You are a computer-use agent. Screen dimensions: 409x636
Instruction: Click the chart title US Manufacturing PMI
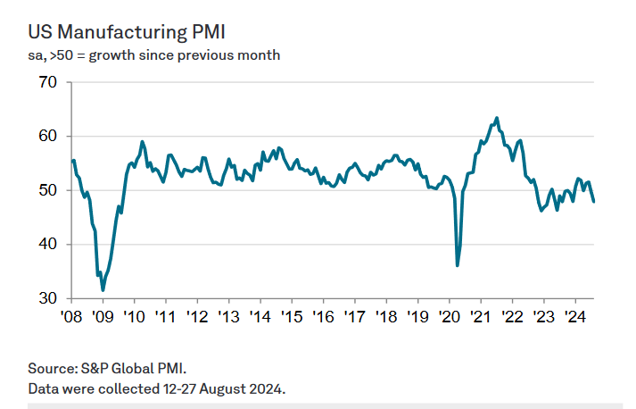126,32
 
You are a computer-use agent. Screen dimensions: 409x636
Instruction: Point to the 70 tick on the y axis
47,83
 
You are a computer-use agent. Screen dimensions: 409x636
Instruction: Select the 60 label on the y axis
47,137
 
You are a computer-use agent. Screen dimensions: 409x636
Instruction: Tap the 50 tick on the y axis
47,190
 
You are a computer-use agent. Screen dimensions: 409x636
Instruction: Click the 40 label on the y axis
47,244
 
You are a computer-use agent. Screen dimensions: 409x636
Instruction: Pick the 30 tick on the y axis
47,298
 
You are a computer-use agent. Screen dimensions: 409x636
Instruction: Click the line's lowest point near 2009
103,290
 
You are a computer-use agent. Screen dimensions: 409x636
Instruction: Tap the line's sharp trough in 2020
458,265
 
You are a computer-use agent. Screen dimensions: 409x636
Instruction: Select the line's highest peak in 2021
497,118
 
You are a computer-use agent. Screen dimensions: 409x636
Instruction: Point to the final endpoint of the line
594,201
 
